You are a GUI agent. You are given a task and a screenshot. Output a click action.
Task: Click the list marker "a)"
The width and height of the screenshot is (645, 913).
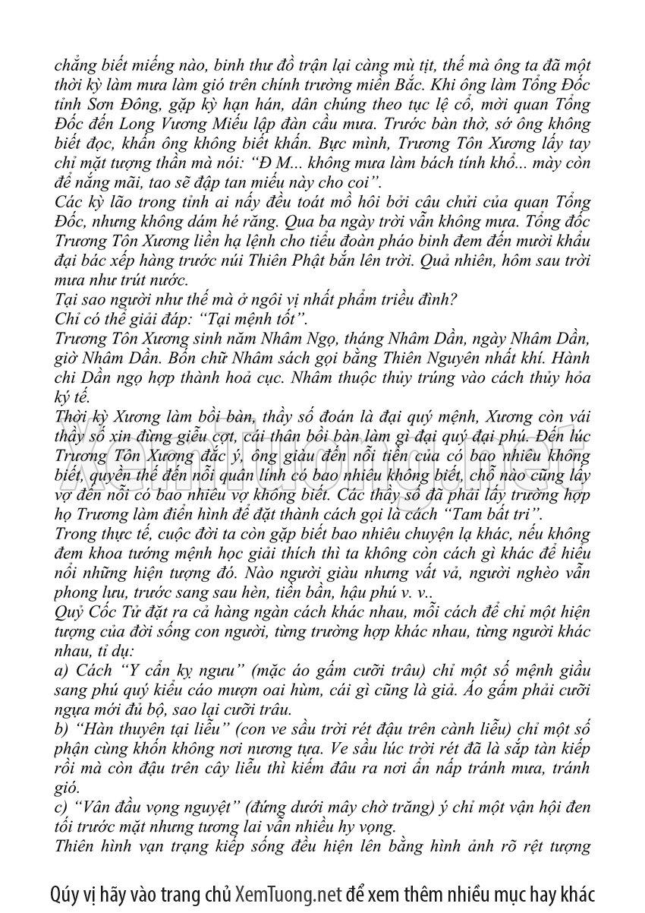[x=63, y=671]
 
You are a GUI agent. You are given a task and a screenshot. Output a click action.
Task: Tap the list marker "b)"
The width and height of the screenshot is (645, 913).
[x=63, y=729]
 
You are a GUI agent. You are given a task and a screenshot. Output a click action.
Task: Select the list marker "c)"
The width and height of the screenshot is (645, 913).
[x=62, y=807]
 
